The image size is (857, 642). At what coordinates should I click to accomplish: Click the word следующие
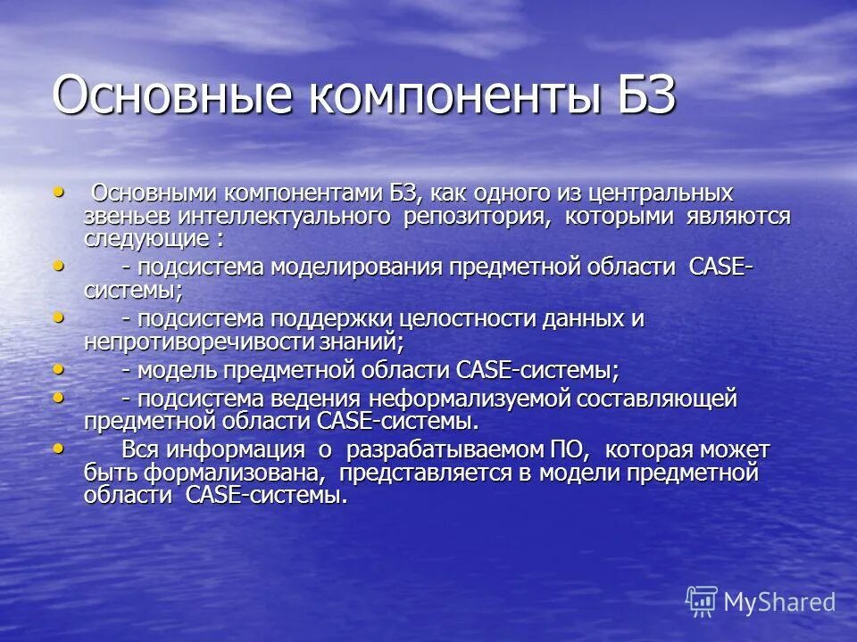(x=146, y=239)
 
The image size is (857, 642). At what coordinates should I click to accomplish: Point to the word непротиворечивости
(x=202, y=341)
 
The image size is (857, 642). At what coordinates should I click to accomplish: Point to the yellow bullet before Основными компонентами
(x=60, y=190)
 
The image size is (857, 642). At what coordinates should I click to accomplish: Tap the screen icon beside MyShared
(x=702, y=602)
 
